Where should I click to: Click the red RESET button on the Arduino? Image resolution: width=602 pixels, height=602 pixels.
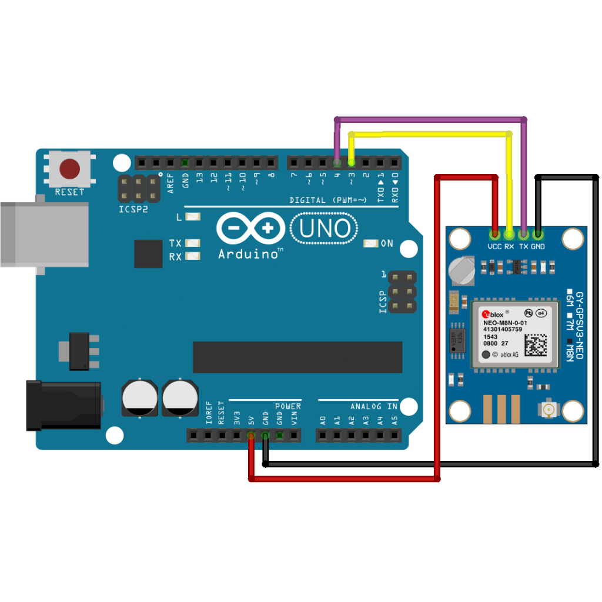coord(70,169)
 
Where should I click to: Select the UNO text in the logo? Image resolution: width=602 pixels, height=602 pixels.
coord(325,229)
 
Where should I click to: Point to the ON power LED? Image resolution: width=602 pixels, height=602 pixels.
coord(371,243)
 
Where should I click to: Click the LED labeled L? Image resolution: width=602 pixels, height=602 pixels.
coord(192,217)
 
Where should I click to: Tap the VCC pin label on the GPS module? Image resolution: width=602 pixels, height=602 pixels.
coord(494,247)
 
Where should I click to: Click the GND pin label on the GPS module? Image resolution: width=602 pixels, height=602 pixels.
coord(538,247)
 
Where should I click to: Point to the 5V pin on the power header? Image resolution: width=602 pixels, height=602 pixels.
coord(251,436)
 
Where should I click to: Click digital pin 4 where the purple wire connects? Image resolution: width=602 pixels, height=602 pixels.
coord(337,162)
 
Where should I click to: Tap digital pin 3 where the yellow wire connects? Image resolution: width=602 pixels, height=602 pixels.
coord(352,162)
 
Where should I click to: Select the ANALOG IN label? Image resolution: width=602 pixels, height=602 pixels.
coord(374,407)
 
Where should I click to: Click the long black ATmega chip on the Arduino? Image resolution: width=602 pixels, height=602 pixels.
coord(297,357)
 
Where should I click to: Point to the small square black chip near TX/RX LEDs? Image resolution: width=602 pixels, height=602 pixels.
coord(148,253)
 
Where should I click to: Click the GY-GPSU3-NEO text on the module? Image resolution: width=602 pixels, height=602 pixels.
coord(579,326)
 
